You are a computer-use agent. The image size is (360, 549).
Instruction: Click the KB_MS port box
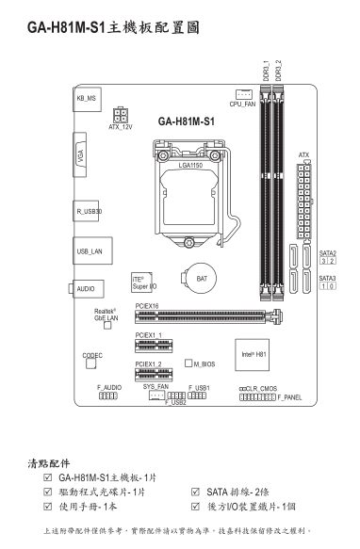pyautogui.click(x=88, y=99)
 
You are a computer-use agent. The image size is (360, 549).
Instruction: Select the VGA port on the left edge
pyautogui.click(x=80, y=154)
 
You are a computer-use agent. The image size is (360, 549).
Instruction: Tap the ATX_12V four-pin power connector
pyautogui.click(x=121, y=115)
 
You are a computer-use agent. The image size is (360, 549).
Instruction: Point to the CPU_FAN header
pyautogui.click(x=244, y=94)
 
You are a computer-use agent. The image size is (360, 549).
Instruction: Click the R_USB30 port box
pyautogui.click(x=86, y=211)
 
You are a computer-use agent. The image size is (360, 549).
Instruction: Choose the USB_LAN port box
pyautogui.click(x=92, y=250)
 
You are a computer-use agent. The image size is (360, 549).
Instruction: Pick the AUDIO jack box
pyautogui.click(x=88, y=289)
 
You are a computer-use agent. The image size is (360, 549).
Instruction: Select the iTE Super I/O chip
pyautogui.click(x=142, y=283)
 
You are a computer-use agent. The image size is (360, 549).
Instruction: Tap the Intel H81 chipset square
pyautogui.click(x=252, y=355)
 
